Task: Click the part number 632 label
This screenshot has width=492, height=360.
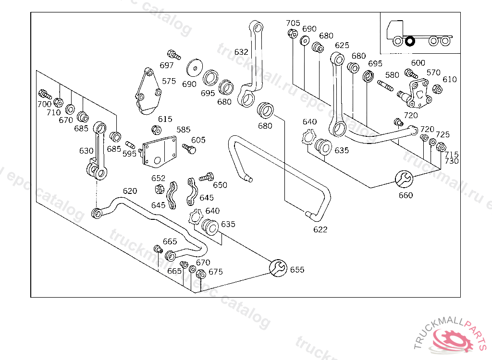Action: (x=241, y=52)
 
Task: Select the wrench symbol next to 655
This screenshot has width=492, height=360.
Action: (x=278, y=268)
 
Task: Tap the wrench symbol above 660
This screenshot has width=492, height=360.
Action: (x=404, y=180)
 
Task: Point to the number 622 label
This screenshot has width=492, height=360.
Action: (x=320, y=229)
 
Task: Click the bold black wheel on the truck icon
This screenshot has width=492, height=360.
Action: (x=410, y=41)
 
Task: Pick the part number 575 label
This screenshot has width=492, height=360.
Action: (x=169, y=81)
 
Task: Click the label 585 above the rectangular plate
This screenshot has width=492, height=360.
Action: (x=184, y=130)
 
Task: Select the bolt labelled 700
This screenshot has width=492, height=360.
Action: (x=45, y=94)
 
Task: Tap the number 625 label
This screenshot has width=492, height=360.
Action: (x=342, y=46)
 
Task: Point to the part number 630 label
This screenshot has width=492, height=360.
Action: (x=86, y=151)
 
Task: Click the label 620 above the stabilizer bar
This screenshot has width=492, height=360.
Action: (x=130, y=191)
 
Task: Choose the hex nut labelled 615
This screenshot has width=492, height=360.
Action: (x=156, y=129)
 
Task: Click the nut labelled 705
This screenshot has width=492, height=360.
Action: (x=293, y=33)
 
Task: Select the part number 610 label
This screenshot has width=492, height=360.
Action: (x=450, y=80)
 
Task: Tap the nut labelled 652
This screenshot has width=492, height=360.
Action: (x=160, y=189)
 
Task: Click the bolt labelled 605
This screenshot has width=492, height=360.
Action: (x=189, y=149)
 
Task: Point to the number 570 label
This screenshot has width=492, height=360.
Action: (x=433, y=73)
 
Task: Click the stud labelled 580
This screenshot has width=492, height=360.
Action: (x=385, y=85)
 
